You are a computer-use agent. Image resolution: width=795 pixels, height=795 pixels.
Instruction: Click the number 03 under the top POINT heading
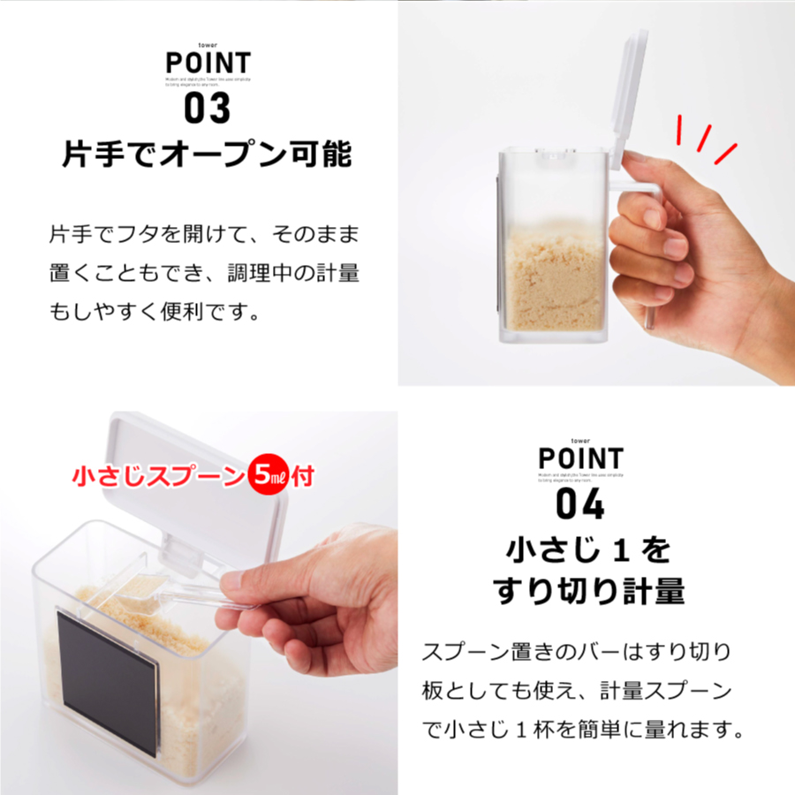207,109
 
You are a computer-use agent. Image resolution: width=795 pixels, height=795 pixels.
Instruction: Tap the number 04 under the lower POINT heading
580,503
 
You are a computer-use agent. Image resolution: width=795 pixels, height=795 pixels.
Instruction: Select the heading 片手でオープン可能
207,155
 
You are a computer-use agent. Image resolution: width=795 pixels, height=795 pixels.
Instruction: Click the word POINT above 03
208,64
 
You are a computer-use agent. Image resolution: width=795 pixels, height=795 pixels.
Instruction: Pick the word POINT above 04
580,458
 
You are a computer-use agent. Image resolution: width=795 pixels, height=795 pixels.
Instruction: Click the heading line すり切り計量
588,590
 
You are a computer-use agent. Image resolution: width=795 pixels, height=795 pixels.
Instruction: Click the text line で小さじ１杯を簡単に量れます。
580,731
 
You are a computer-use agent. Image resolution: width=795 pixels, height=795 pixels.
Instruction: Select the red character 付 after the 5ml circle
303,478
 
